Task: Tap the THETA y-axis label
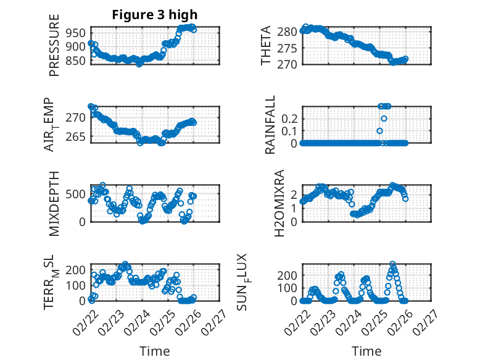[x=266, y=46]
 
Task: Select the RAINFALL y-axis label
[x=270, y=125]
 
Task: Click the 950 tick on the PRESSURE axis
[x=78, y=32]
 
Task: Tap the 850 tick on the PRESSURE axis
[x=78, y=61]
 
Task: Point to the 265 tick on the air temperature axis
[x=81, y=136]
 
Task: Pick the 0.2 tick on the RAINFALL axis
[x=291, y=118]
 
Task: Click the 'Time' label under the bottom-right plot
[x=366, y=351]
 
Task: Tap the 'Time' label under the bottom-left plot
[x=155, y=351]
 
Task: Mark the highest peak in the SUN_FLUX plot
[x=392, y=264]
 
